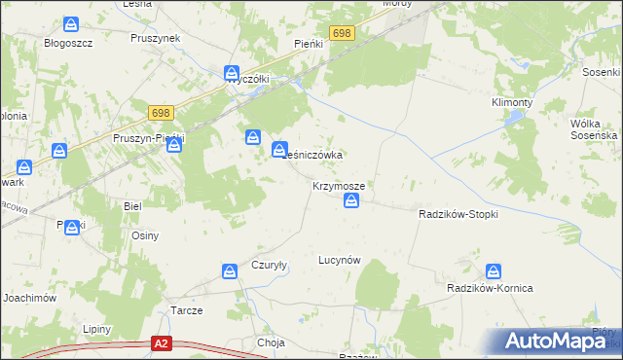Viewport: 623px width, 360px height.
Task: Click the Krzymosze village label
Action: [x=339, y=185]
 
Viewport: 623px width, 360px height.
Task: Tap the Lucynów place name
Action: [x=341, y=260]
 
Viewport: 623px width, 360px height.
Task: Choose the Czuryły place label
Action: [x=269, y=265]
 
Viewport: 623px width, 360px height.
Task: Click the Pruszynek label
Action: [x=156, y=38]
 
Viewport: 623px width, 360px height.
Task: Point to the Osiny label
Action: [x=145, y=235]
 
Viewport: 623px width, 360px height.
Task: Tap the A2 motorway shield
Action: [x=163, y=343]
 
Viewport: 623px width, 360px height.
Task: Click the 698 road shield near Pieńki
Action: [x=341, y=34]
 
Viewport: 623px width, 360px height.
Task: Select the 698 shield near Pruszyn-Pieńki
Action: [x=162, y=114]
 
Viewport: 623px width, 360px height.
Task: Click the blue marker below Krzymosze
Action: [x=352, y=201]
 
